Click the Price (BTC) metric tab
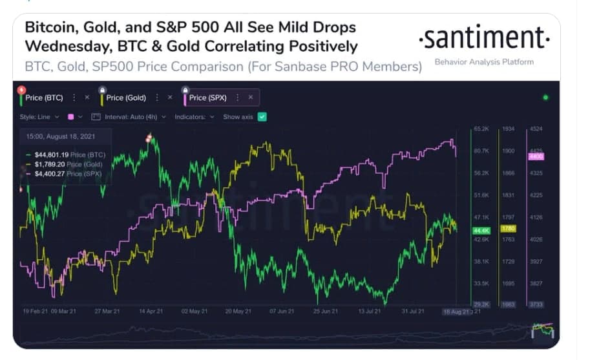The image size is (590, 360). pyautogui.click(x=43, y=98)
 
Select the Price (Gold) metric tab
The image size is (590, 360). pyautogui.click(x=126, y=98)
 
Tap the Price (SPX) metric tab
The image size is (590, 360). pyautogui.click(x=207, y=98)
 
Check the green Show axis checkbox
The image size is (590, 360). pyautogui.click(x=262, y=117)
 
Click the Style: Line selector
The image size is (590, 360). pyautogui.click(x=39, y=117)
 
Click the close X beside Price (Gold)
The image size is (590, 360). pyautogui.click(x=170, y=98)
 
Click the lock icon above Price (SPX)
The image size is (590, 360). pyautogui.click(x=185, y=90)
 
